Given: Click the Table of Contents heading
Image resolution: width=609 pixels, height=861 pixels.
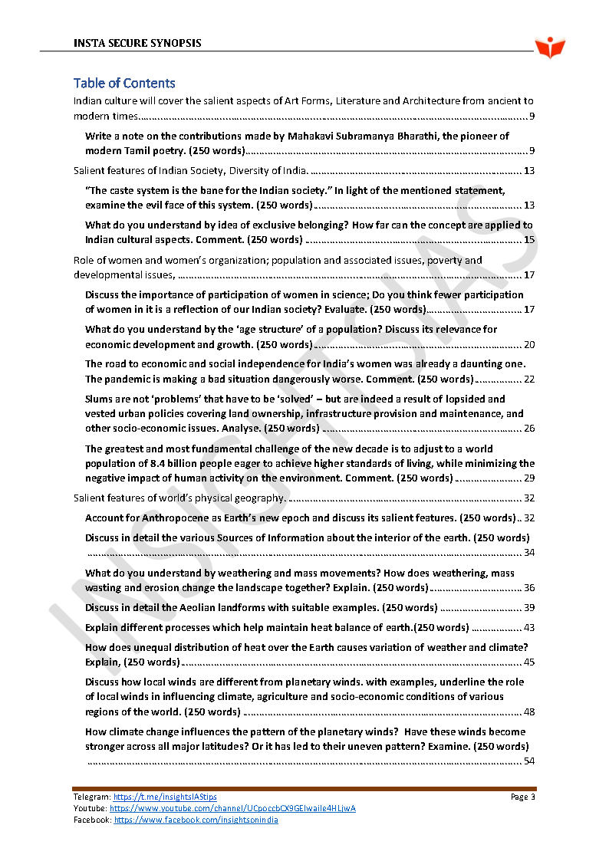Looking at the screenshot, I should (x=124, y=83).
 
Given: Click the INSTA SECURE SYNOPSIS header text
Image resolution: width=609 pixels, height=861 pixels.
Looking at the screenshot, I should (x=137, y=43).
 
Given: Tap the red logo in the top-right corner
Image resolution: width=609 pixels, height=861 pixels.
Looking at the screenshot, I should (x=549, y=48).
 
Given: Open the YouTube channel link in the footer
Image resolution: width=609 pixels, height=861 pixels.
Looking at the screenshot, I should (x=232, y=808).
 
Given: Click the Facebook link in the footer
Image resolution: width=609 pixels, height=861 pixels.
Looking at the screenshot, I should (x=196, y=820).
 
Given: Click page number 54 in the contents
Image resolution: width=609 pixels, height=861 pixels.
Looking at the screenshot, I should (x=528, y=761).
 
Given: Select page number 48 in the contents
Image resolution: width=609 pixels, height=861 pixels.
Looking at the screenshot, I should (x=528, y=711).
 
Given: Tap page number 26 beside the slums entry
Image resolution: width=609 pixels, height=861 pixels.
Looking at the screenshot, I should (x=528, y=428).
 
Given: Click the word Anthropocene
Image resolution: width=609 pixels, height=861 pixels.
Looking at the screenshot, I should (x=179, y=518).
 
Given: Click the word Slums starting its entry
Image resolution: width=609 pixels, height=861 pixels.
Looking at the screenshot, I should (x=99, y=399).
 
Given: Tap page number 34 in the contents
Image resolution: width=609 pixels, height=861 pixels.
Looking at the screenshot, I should (x=528, y=552).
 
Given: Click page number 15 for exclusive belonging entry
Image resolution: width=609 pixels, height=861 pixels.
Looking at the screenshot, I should (x=528, y=240).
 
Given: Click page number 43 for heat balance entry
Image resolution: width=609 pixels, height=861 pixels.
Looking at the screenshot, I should (x=528, y=627).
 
